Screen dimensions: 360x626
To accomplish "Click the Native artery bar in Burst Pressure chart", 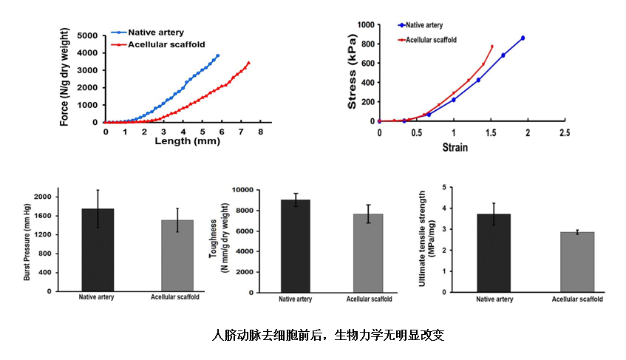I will tap(98, 250).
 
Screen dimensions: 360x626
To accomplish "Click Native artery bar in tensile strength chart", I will tap(494, 252).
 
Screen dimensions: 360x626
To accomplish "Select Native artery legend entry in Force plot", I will tap(155, 33).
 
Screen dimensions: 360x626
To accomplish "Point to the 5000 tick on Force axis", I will tap(87, 35).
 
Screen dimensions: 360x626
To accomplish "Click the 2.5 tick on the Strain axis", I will tap(564, 132).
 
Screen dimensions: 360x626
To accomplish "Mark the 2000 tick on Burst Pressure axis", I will tap(44, 197).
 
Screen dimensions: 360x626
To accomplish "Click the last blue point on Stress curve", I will tap(523, 38).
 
